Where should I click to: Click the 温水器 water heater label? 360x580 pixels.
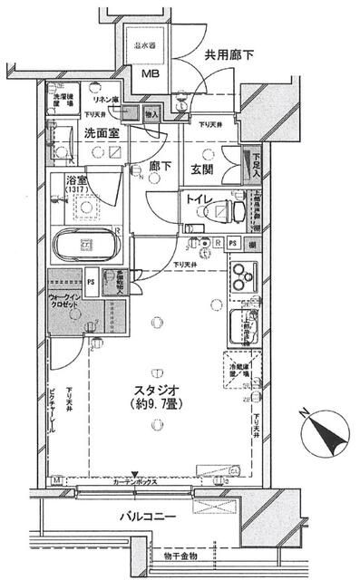(x=145, y=44)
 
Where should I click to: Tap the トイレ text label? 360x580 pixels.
(x=199, y=200)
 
